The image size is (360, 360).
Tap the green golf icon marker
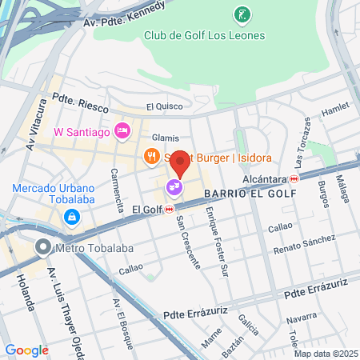(x=241, y=14)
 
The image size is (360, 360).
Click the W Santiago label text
(x=82, y=131)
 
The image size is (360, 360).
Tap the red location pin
(x=180, y=162)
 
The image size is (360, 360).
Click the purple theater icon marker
(x=173, y=188)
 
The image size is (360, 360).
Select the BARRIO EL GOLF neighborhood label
(x=249, y=194)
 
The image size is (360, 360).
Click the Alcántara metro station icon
(x=294, y=179)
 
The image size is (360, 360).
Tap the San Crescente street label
(x=188, y=241)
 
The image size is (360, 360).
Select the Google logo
(x=26, y=350)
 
